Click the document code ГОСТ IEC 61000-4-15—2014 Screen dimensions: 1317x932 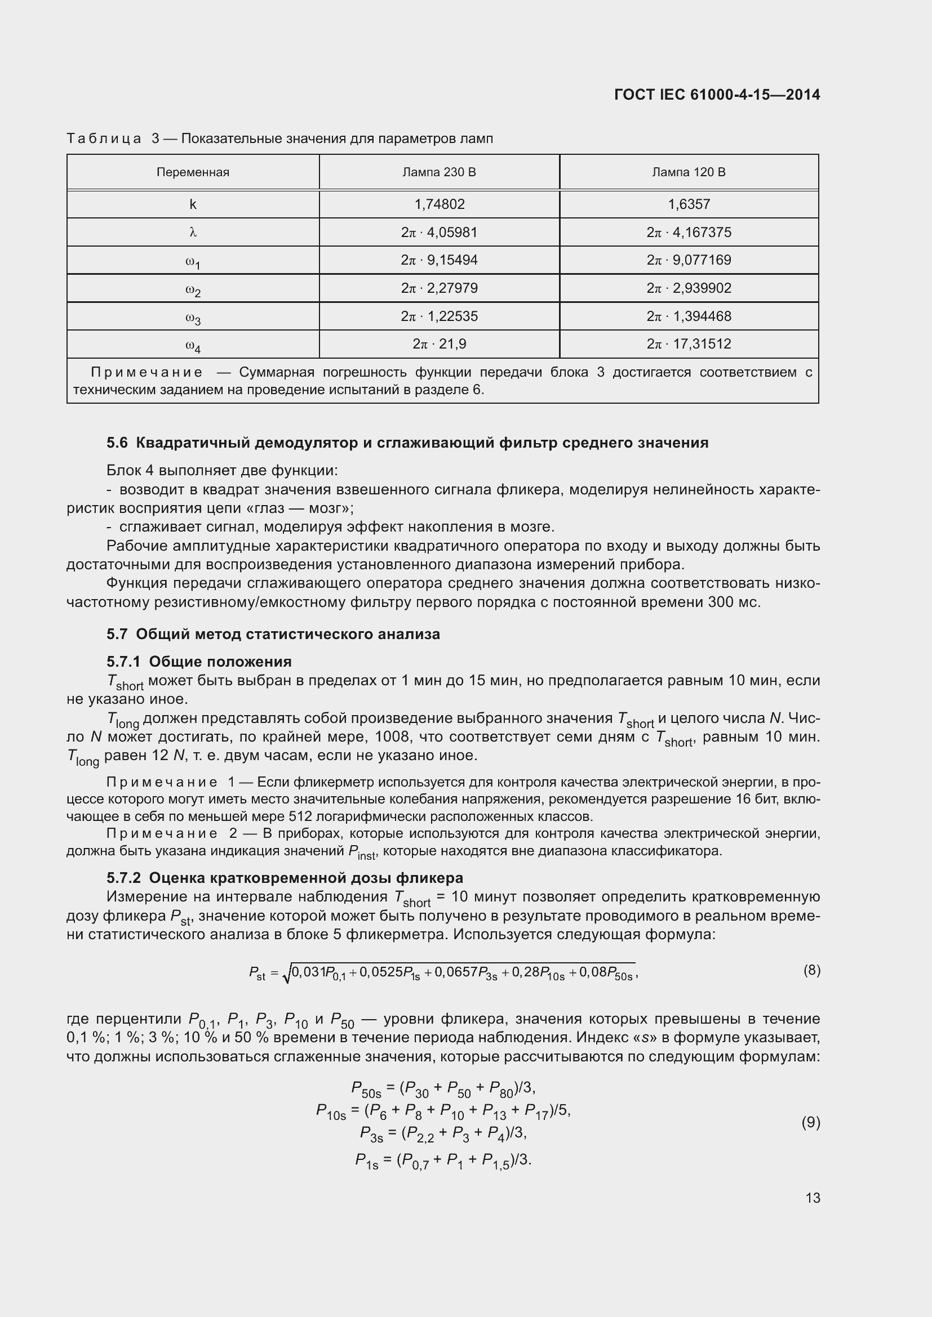click(x=717, y=95)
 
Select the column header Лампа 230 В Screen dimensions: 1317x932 click(x=439, y=172)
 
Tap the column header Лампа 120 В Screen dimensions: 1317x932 click(x=689, y=172)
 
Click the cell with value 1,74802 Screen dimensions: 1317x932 click(x=439, y=204)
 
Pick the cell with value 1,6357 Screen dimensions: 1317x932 click(x=689, y=204)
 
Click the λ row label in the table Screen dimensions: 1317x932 click(x=193, y=233)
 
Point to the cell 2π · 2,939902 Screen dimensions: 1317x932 click(x=689, y=288)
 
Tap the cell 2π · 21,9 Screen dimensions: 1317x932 click(x=439, y=343)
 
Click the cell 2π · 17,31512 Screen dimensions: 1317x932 click(x=689, y=343)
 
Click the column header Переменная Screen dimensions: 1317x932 click(x=193, y=172)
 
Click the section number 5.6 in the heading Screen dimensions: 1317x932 click(x=117, y=443)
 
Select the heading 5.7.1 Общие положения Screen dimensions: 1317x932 click(x=199, y=662)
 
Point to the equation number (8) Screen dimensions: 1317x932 click(x=811, y=970)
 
